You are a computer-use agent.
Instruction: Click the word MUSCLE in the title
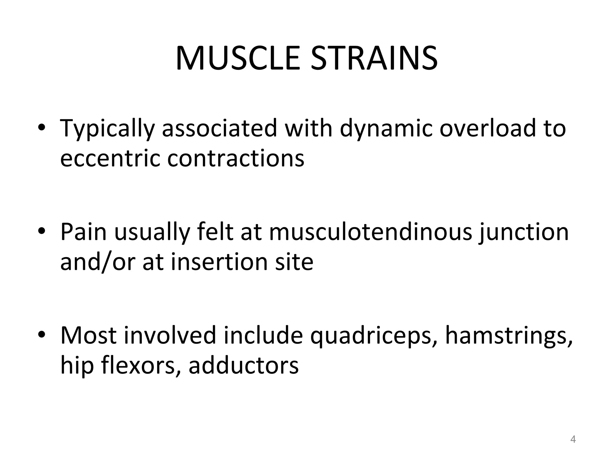coord(238,58)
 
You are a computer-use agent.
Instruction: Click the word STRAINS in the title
coord(374,58)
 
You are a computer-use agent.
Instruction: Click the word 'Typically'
coord(107,129)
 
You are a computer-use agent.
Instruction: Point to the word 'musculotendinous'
coord(371,232)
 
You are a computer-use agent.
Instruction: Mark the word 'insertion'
coord(220,262)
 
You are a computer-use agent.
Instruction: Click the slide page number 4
coord(573,439)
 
